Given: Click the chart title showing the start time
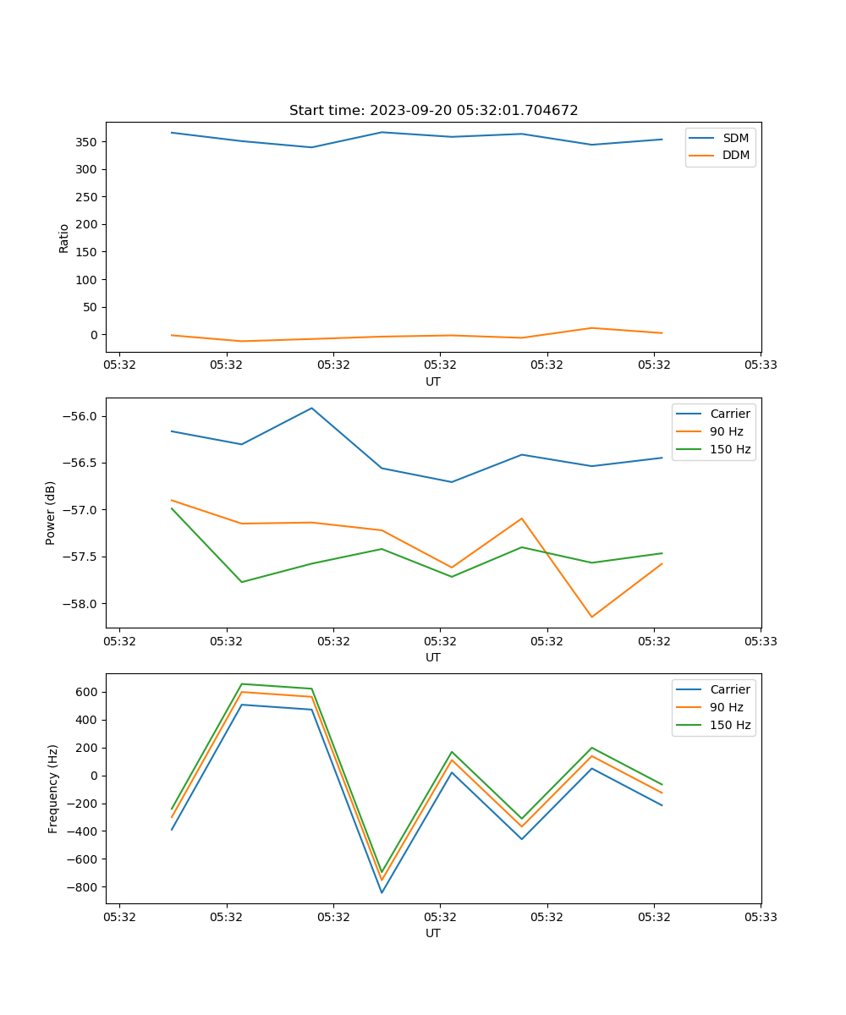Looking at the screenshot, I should (x=433, y=111).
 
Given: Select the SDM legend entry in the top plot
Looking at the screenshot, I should (x=735, y=138).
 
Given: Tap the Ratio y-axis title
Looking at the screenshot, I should (x=64, y=238).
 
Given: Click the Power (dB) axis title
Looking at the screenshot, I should (x=51, y=513).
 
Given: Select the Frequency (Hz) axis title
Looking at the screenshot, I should (x=53, y=788).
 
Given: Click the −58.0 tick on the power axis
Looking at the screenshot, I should (x=80, y=604).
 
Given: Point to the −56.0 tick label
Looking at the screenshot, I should (x=80, y=416).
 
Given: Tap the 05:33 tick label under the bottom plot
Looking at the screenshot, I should (x=761, y=916).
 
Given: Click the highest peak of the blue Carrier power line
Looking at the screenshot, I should (x=312, y=408).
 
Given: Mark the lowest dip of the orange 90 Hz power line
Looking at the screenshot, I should (x=591, y=617).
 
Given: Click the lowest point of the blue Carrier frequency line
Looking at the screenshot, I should (x=382, y=892).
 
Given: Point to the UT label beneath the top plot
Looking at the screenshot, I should (x=433, y=381).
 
